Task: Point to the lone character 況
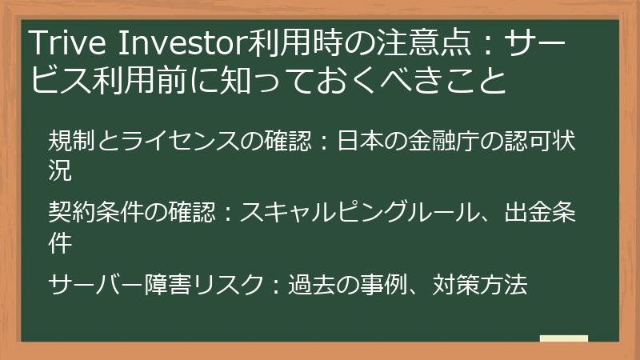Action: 60,169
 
